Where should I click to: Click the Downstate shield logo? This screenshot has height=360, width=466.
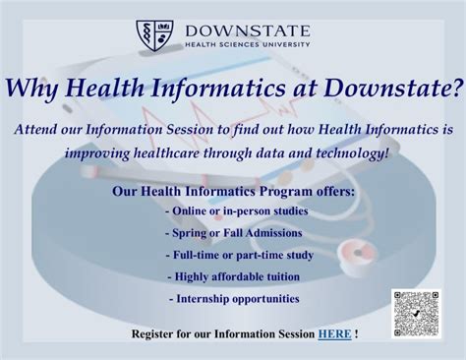pyautogui.click(x=154, y=35)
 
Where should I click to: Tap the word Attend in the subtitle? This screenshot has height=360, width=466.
pyautogui.click(x=42, y=130)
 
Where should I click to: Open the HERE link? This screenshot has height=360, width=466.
pyautogui.click(x=333, y=334)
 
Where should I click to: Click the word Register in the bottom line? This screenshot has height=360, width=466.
pyautogui.click(x=155, y=334)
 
